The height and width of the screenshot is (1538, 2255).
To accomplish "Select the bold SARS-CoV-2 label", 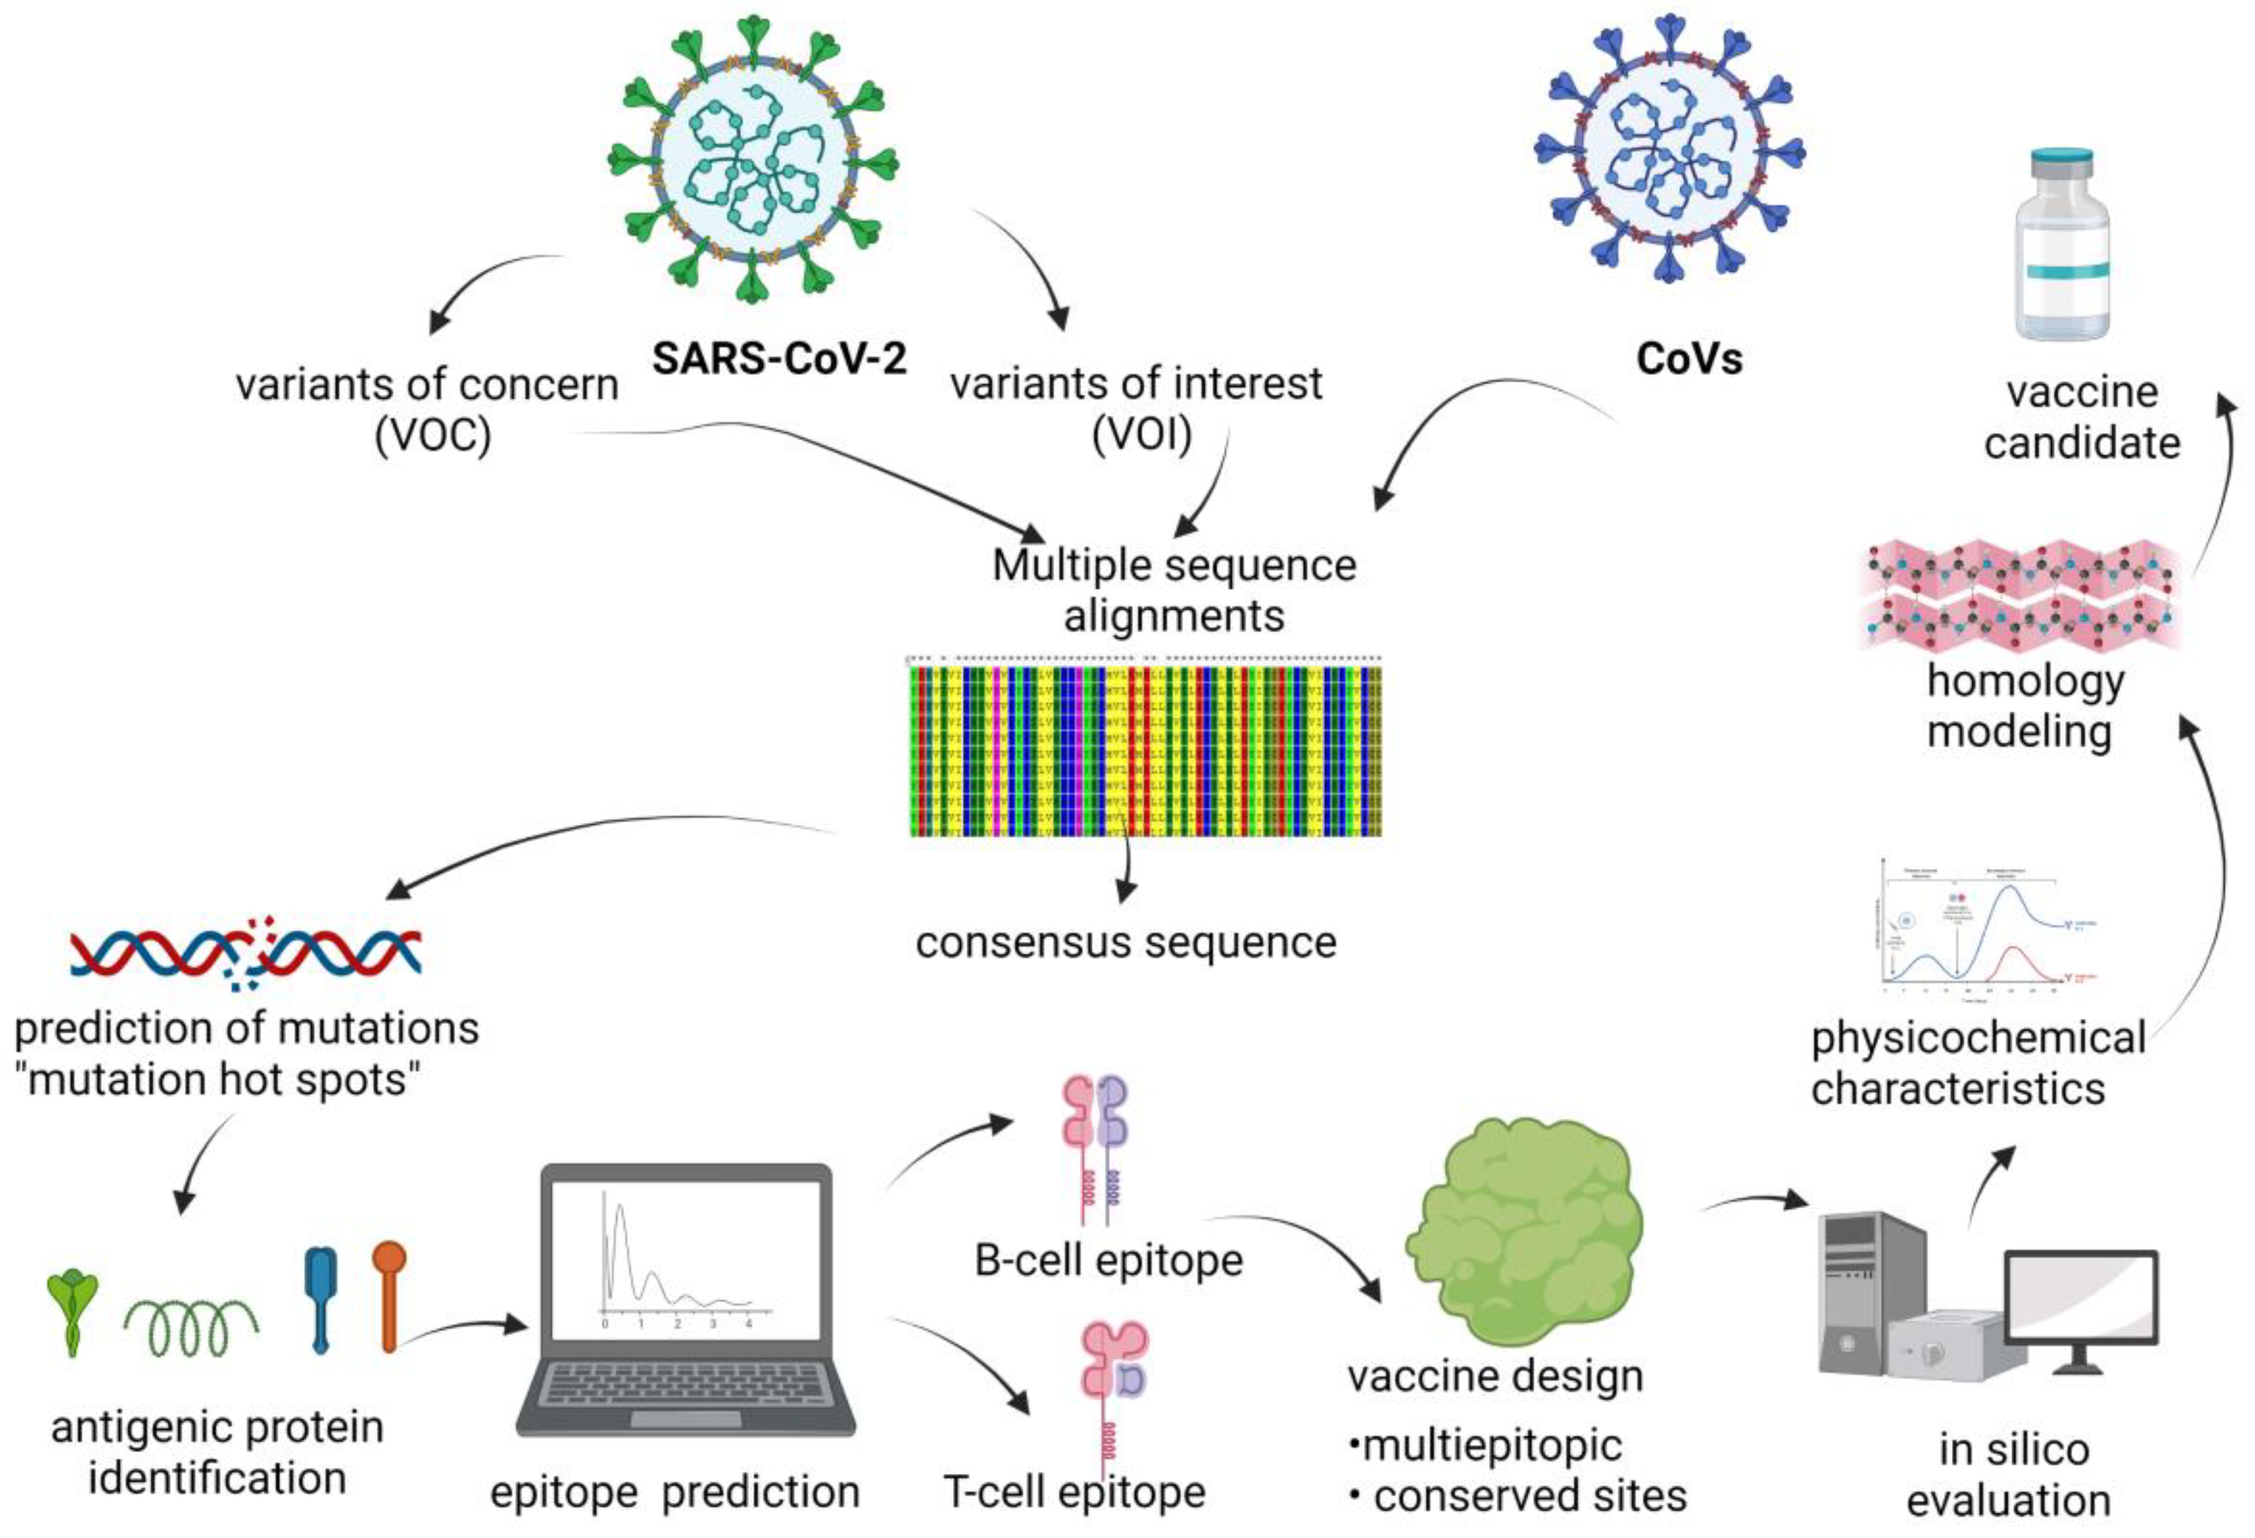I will pyautogui.click(x=779, y=358).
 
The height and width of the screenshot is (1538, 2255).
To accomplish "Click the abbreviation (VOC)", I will pyautogui.click(x=433, y=436).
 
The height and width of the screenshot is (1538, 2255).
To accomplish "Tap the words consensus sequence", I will pyautogui.click(x=1125, y=942).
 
